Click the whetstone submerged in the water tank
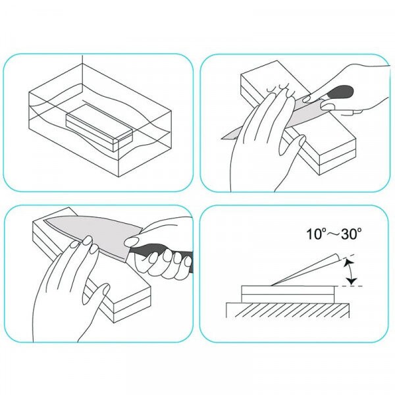click(x=99, y=128)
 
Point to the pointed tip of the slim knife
click(x=223, y=138)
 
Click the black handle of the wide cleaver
click(x=161, y=253)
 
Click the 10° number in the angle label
click(x=315, y=234)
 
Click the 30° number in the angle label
click(x=352, y=234)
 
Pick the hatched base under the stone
click(x=288, y=310)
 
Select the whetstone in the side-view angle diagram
click(x=288, y=294)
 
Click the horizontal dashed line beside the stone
click(x=349, y=286)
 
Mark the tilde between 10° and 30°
click(x=332, y=234)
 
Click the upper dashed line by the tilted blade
click(x=347, y=257)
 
